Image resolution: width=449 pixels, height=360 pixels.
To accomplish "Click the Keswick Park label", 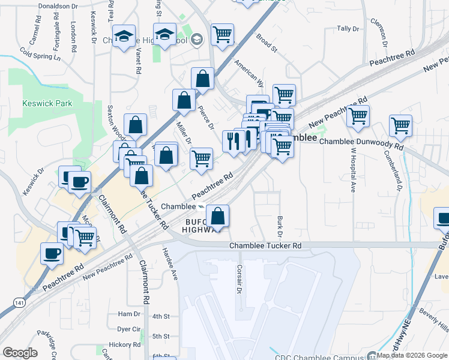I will point(47,103).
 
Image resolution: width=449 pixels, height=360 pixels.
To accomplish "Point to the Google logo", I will point(20,353).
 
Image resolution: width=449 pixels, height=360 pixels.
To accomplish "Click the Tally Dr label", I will point(348,28).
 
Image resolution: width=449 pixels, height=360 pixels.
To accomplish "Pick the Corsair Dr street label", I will point(239,279).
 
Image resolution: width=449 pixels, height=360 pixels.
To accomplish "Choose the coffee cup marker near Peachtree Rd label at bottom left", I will point(52,253).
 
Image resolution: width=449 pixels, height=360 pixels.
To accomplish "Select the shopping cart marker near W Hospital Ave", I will point(358,116).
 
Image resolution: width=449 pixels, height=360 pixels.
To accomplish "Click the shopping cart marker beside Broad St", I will point(222,34).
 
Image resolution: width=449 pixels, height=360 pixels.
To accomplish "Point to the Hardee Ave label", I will point(170,264).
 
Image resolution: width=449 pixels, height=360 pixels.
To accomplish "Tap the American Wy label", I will point(249,70).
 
